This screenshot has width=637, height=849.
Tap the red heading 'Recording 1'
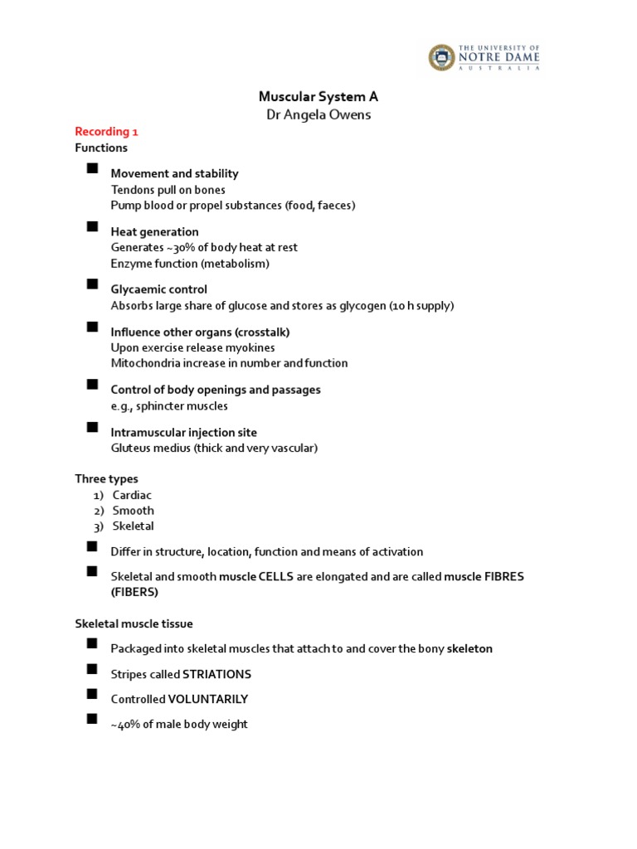pos(102,132)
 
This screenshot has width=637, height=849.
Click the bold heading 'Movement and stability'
pos(174,173)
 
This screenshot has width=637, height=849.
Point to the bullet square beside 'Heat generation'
pos(91,227)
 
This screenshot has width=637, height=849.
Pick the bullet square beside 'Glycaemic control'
pos(91,285)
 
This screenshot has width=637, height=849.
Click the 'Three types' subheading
pos(106,478)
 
